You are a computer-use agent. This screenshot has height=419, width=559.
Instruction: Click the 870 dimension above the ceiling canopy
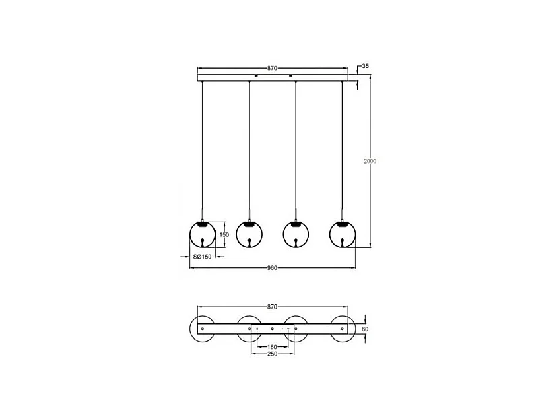(x=273, y=68)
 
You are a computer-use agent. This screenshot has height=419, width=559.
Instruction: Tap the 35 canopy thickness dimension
(x=365, y=66)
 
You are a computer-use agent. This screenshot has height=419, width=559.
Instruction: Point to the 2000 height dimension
(x=370, y=162)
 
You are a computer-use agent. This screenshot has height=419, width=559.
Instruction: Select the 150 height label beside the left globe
(x=224, y=234)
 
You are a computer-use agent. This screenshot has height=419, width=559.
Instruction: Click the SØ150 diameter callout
(x=203, y=257)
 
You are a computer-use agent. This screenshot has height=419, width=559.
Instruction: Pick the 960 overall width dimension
(x=273, y=268)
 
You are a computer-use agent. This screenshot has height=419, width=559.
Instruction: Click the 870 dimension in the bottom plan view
(x=273, y=307)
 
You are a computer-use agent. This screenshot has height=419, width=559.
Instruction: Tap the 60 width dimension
(x=365, y=329)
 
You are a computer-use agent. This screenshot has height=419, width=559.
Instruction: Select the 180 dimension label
(x=271, y=347)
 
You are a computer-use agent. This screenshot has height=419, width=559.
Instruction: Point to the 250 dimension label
(x=271, y=354)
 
